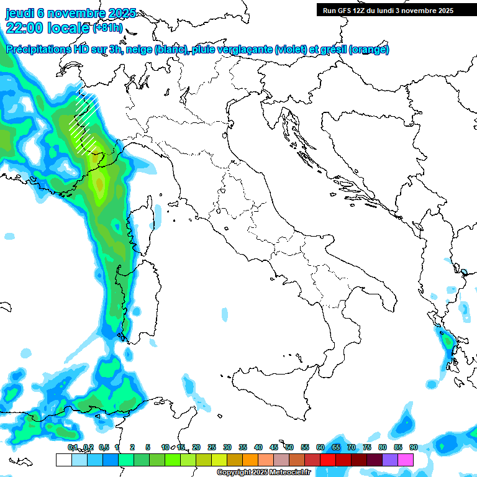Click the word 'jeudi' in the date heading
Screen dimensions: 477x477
point(20,13)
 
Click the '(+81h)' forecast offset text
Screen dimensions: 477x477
point(107,27)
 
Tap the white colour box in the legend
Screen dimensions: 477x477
point(63,460)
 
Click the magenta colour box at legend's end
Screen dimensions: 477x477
point(406,460)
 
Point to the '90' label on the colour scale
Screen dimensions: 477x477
point(413,447)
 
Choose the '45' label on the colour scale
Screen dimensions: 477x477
point(273,447)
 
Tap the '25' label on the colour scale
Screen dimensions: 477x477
point(211,447)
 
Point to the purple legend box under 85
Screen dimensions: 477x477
point(390,460)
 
